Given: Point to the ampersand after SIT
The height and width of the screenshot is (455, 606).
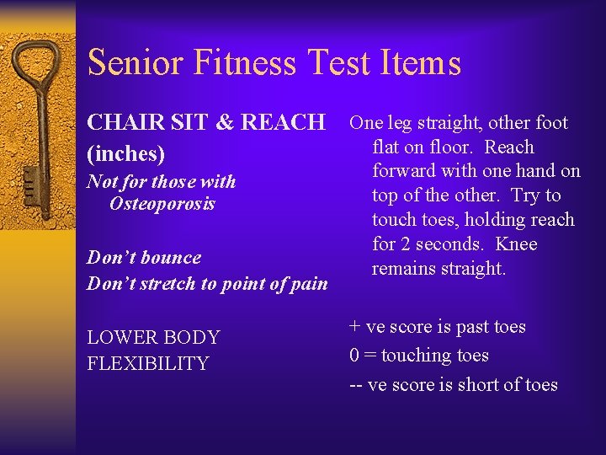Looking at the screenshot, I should tap(226, 123).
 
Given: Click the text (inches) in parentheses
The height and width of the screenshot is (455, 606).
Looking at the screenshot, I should tap(125, 155).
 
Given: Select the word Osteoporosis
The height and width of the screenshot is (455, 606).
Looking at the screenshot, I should tap(162, 204).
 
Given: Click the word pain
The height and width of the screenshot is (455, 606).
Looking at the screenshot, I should tap(307, 284).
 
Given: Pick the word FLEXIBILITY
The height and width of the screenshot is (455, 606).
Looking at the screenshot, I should tap(147, 364).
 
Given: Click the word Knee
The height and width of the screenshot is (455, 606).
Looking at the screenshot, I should tap(516, 245).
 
